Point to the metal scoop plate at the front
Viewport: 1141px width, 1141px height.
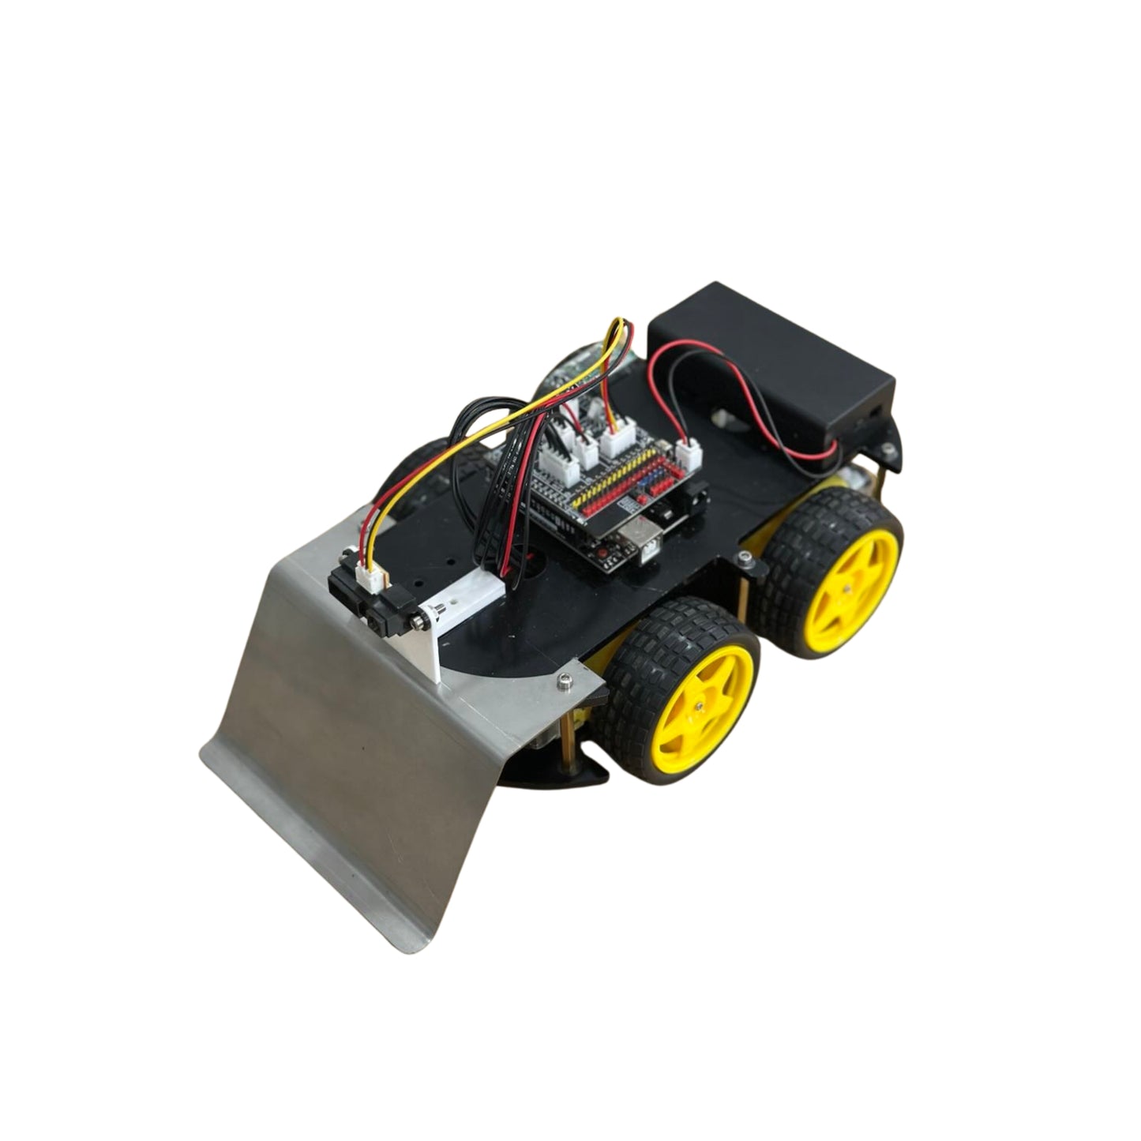[371, 758]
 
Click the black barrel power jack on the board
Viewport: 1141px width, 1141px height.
[692, 502]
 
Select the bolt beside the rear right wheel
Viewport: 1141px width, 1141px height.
[747, 560]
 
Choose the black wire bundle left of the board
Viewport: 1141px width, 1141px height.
[474, 442]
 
